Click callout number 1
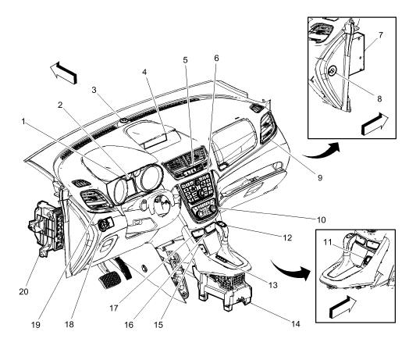[x=23, y=121]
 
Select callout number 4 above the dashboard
[x=144, y=72]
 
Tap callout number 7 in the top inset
[x=381, y=35]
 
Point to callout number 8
[x=379, y=98]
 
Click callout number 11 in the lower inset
[x=328, y=242]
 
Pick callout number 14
[x=296, y=324]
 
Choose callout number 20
[x=23, y=291]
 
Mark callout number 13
[x=273, y=285]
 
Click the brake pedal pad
[x=110, y=280]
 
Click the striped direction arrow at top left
[x=63, y=73]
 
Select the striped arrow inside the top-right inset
[x=375, y=124]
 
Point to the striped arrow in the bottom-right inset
[x=343, y=307]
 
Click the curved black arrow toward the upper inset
[x=324, y=151]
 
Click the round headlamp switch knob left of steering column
[x=103, y=224]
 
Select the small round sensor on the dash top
[x=123, y=120]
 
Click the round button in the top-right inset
[x=333, y=70]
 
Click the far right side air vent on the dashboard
[x=267, y=127]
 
